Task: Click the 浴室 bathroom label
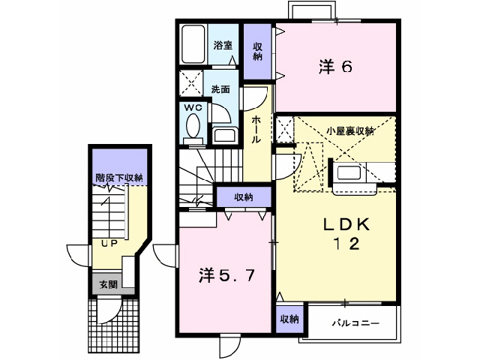223,45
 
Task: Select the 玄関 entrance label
107,284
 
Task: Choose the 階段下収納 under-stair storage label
118,178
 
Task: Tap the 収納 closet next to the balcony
289,319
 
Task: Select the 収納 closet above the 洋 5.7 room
243,196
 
